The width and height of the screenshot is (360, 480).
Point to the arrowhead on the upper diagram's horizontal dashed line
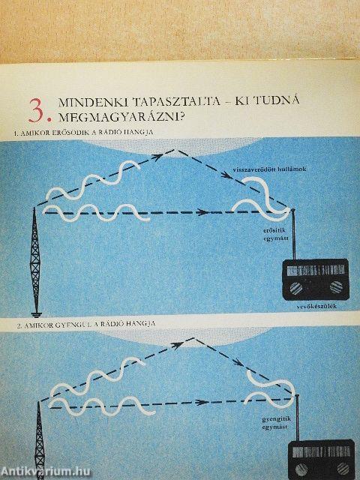click(202, 212)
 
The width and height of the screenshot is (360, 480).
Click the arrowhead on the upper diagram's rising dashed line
click(159, 157)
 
